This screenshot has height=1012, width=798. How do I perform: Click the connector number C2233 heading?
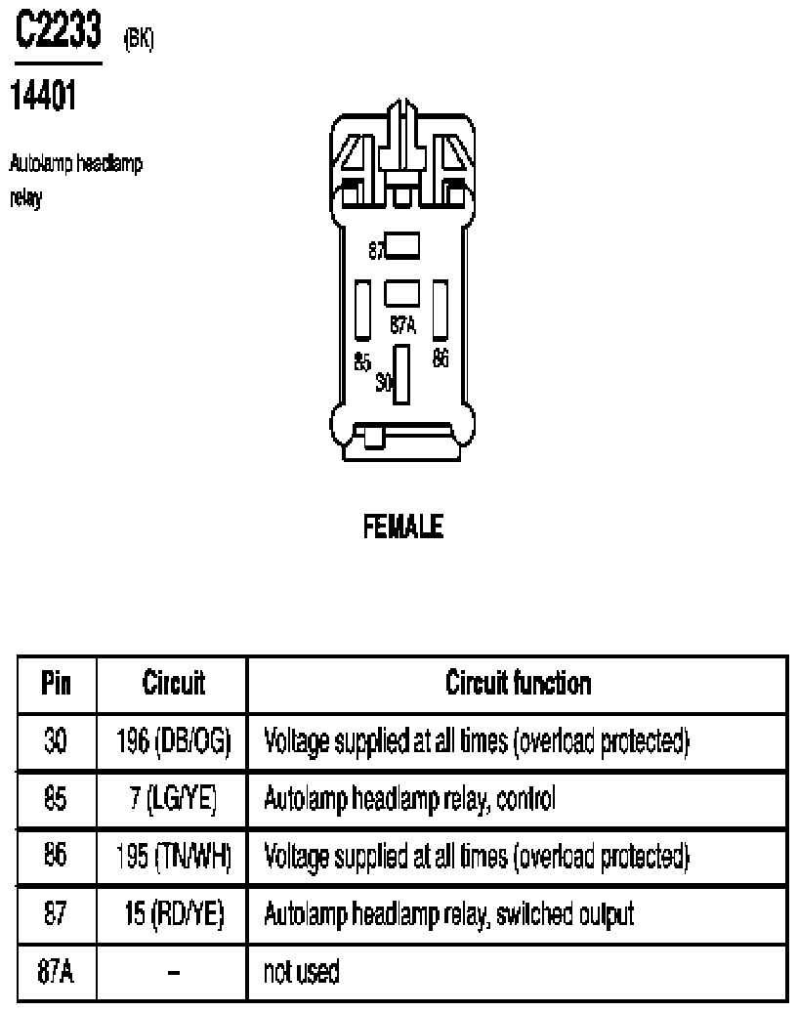[58, 29]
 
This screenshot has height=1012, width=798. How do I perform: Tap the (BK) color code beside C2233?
[138, 39]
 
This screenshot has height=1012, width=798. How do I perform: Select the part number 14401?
[43, 96]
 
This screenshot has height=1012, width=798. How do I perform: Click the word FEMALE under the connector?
[403, 526]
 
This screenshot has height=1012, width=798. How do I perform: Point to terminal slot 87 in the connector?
[401, 246]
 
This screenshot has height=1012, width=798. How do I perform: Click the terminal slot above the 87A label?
[401, 293]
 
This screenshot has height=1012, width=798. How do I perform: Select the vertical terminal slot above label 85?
[363, 310]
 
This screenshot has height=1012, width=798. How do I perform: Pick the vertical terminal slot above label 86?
[441, 310]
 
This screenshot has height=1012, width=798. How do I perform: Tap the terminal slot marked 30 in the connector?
[401, 374]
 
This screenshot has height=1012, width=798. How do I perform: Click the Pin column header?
[56, 683]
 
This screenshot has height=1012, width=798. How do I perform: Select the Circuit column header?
[173, 683]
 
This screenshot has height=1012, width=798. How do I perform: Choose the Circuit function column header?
[518, 683]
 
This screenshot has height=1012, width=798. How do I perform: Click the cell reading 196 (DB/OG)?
[173, 740]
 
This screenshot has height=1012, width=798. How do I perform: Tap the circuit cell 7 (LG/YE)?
[173, 799]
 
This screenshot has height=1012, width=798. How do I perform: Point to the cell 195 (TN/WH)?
[173, 857]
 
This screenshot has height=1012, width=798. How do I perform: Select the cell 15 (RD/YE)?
[174, 914]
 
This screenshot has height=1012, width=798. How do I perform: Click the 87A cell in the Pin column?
[56, 971]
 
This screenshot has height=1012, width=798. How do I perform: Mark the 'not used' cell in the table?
[301, 971]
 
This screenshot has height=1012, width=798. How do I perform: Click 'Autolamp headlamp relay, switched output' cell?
[449, 914]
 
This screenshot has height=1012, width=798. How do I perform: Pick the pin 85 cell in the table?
[56, 799]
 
